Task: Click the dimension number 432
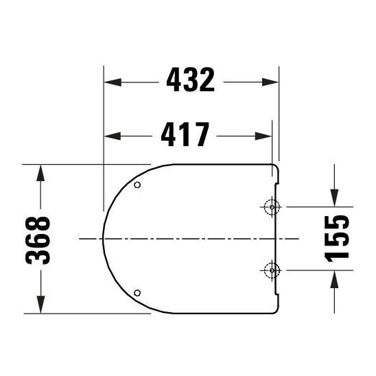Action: click(191, 82)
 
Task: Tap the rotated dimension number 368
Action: click(40, 239)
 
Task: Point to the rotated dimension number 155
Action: click(336, 237)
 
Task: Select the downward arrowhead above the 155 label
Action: click(333, 199)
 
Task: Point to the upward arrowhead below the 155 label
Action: click(333, 277)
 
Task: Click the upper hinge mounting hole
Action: click(272, 207)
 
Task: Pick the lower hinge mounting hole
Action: click(272, 270)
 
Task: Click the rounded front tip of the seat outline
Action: click(103, 239)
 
